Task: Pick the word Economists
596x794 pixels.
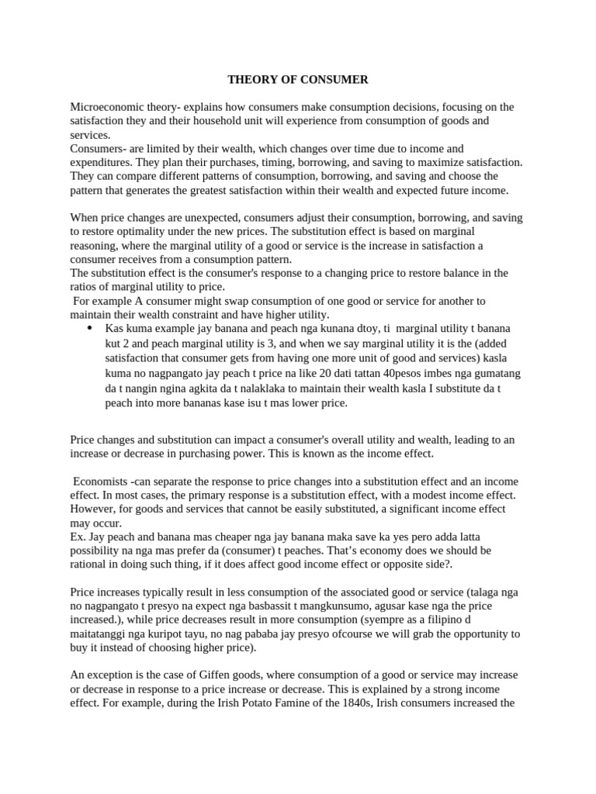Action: click(x=102, y=481)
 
